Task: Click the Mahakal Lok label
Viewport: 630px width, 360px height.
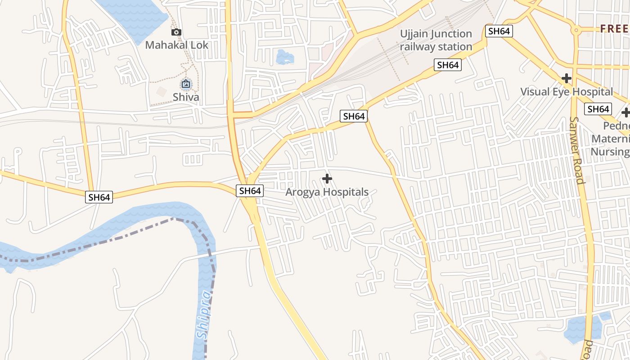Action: [177, 45]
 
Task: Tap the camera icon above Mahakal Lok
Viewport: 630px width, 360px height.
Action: [176, 32]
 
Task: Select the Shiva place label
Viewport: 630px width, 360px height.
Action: [186, 97]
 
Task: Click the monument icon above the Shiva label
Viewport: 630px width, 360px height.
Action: [186, 84]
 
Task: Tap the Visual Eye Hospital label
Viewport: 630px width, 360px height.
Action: [567, 92]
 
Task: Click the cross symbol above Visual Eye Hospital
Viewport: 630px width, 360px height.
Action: [567, 78]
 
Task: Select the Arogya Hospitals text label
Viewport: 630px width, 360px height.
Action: [327, 192]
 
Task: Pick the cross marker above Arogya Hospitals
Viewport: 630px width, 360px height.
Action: [327, 179]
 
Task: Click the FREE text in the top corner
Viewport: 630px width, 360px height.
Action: [615, 29]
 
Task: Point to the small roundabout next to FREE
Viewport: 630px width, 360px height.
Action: [576, 31]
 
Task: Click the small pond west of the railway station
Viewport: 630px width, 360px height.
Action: [284, 57]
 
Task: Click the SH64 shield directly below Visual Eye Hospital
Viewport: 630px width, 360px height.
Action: [598, 109]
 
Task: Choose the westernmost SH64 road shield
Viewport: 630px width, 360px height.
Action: [99, 197]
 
